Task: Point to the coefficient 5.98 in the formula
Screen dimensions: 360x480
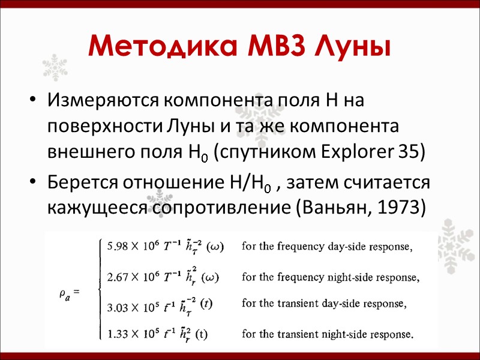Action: tap(117, 247)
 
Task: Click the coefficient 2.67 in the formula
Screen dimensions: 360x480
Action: tap(117, 277)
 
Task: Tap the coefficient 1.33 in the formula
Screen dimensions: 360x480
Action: tap(117, 334)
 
